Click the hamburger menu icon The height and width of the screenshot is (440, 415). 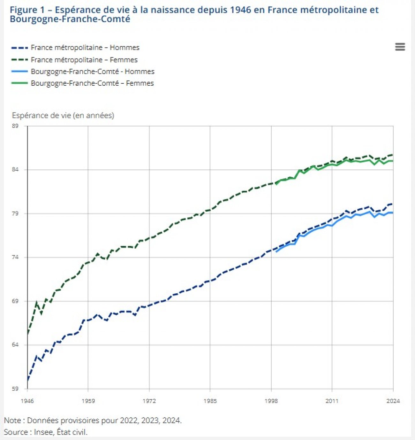pyautogui.click(x=400, y=47)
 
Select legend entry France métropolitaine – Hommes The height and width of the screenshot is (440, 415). pyautogui.click(x=85, y=48)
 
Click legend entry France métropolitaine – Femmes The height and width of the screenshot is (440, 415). pyautogui.click(x=84, y=60)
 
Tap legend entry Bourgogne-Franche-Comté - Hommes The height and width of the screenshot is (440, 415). pyautogui.click(x=92, y=72)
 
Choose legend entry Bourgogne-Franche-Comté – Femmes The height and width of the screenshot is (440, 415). pyautogui.click(x=92, y=83)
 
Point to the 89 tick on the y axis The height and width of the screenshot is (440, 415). pyautogui.click(x=15, y=126)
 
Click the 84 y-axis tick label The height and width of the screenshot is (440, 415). pyautogui.click(x=15, y=170)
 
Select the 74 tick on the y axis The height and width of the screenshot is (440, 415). pyautogui.click(x=15, y=257)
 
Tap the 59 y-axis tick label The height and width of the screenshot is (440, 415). pyautogui.click(x=15, y=389)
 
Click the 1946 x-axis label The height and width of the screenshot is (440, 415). pyautogui.click(x=27, y=401)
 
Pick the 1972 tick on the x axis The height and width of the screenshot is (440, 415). pyautogui.click(x=149, y=401)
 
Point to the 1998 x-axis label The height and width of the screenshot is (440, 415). pyautogui.click(x=271, y=401)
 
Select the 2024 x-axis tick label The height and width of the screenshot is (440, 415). pyautogui.click(x=393, y=401)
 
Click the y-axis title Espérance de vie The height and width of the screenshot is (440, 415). pyautogui.click(x=63, y=115)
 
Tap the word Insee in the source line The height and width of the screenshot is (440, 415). pyautogui.click(x=44, y=432)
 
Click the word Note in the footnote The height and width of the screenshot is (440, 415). pyautogui.click(x=12, y=421)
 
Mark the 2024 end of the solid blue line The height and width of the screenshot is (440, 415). pyautogui.click(x=393, y=213)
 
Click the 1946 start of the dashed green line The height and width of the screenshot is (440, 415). pyautogui.click(x=28, y=334)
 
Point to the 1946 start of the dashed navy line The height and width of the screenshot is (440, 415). pyautogui.click(x=28, y=379)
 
